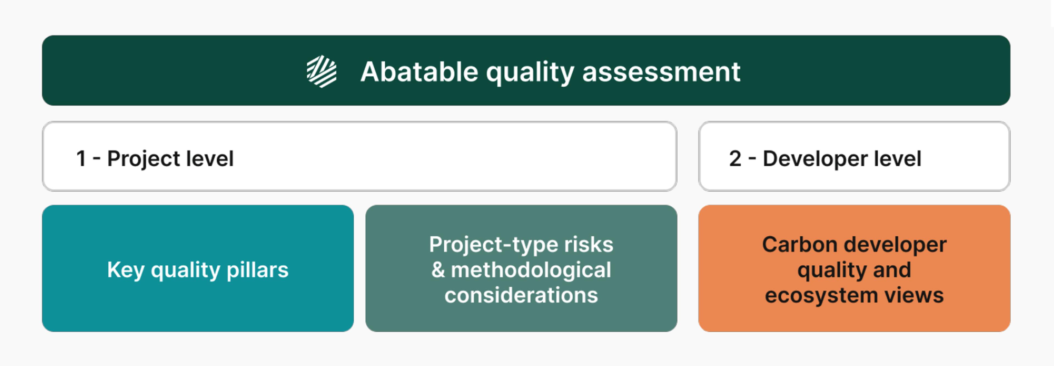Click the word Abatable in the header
(x=419, y=72)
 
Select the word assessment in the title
(x=661, y=72)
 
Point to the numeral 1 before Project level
(x=81, y=159)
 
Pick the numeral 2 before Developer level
(x=735, y=159)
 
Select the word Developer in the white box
(x=815, y=159)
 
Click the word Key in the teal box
(x=126, y=270)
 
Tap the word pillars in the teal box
(x=257, y=270)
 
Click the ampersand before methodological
(x=438, y=270)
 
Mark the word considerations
(x=521, y=295)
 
